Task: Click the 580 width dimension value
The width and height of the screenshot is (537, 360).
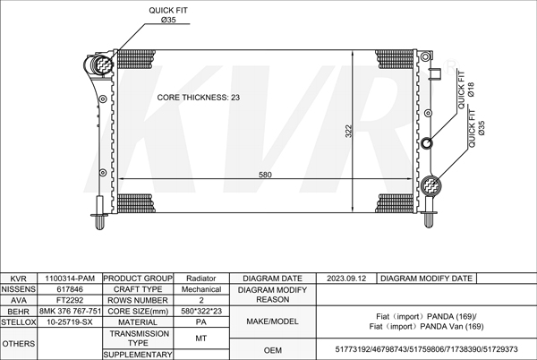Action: tap(265, 175)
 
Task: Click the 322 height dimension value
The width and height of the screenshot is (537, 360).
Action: tap(348, 131)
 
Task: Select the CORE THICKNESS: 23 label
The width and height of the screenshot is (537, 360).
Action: tap(199, 98)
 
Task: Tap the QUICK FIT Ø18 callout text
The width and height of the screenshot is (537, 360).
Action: tap(465, 90)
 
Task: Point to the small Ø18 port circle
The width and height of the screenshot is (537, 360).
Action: tap(426, 142)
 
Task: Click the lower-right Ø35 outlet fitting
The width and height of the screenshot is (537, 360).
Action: tap(430, 185)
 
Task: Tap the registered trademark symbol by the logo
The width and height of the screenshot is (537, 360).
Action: tap(451, 67)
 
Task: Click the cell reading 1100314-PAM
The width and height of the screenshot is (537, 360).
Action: tap(70, 279)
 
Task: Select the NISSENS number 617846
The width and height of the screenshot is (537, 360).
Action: tap(70, 289)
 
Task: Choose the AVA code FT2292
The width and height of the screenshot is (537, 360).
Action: tap(70, 300)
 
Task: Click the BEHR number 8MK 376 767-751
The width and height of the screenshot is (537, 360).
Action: tap(70, 311)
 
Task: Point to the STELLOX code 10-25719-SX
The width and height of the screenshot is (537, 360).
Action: tap(70, 322)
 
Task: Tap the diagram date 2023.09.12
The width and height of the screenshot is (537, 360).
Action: tap(346, 279)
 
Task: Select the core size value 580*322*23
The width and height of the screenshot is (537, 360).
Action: tap(201, 311)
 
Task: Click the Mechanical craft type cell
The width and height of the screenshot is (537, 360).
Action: tap(201, 289)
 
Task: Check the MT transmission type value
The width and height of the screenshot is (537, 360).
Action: tap(201, 339)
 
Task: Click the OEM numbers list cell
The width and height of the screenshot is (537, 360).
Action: tap(426, 349)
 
